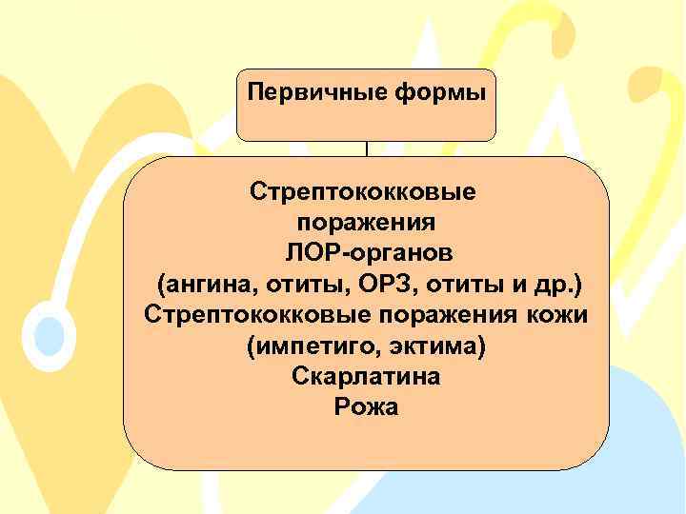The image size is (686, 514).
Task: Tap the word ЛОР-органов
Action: [367, 253]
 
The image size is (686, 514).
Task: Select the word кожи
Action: [556, 315]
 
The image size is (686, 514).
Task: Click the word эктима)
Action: [440, 346]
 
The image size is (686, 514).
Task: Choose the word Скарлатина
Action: [367, 377]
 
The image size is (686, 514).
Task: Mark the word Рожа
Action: [367, 407]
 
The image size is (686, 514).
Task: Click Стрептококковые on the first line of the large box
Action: [367, 191]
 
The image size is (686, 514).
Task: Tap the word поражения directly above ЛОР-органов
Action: [367, 223]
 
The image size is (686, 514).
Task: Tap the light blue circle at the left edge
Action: [48, 335]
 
